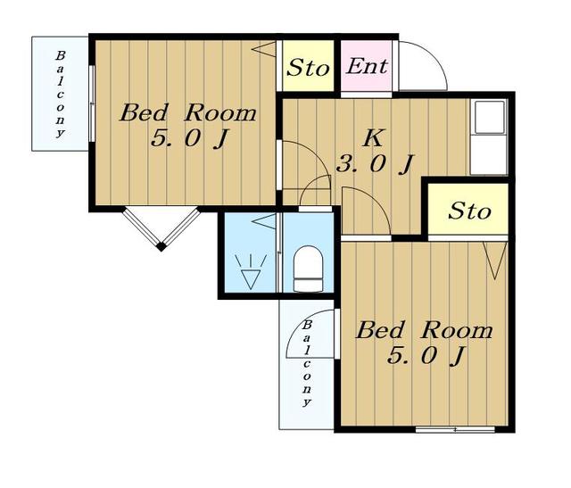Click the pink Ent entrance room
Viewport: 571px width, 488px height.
click(366, 65)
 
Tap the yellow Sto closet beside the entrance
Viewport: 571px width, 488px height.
click(308, 65)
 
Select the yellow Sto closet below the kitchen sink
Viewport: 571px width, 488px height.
click(468, 209)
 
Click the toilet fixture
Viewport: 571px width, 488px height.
click(308, 269)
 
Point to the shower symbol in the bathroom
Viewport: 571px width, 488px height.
click(251, 272)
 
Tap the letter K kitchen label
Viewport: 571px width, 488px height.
click(372, 138)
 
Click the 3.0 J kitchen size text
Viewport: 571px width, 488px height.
click(375, 165)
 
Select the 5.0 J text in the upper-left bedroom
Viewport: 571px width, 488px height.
click(189, 139)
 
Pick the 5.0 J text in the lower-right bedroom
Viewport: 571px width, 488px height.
click(426, 356)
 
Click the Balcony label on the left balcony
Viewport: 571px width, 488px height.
click(60, 94)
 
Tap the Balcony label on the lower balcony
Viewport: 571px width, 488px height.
click(307, 363)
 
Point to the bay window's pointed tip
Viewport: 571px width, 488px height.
click(161, 248)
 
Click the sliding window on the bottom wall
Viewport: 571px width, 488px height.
click(455, 430)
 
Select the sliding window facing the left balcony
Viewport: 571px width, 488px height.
click(92, 103)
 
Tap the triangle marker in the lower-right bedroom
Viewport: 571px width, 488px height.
click(495, 260)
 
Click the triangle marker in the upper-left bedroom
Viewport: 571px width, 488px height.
click(264, 49)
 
